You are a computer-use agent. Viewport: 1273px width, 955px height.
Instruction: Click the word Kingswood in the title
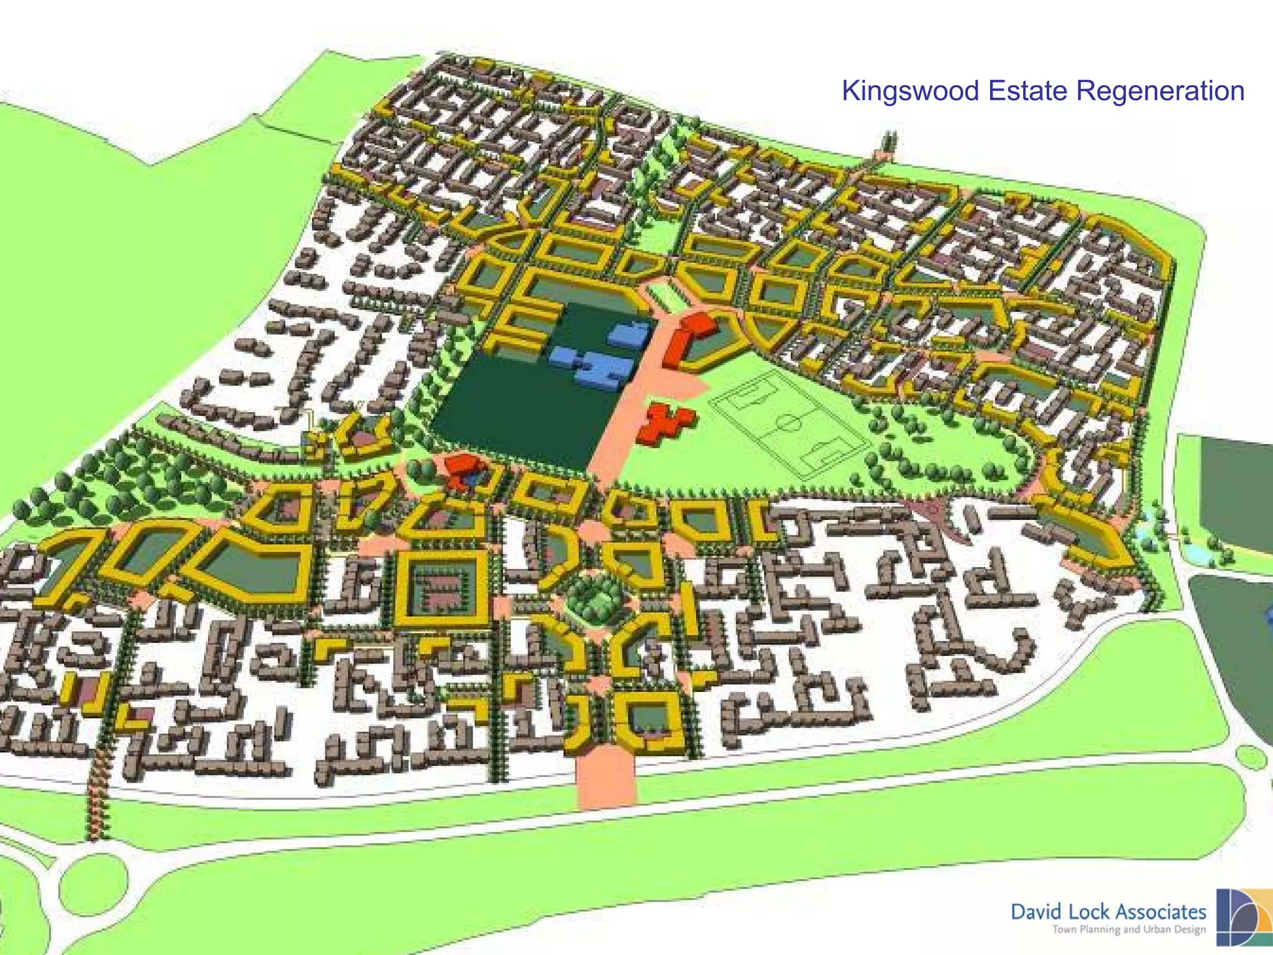(911, 91)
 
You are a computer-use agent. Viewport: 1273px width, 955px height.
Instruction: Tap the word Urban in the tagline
(1155, 930)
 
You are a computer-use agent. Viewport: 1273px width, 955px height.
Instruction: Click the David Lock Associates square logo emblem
(1244, 917)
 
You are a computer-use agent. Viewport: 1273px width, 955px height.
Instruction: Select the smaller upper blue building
(630, 334)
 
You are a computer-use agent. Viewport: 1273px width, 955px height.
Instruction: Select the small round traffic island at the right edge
(1251, 757)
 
